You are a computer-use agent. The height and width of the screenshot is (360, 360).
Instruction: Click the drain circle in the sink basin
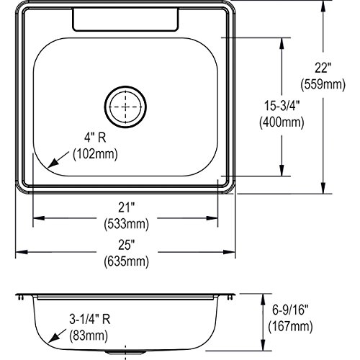(125, 86)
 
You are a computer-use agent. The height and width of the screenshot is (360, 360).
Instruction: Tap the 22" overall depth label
(323, 68)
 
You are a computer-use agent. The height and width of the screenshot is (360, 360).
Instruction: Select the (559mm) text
(323, 84)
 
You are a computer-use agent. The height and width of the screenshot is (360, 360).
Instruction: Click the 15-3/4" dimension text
(282, 106)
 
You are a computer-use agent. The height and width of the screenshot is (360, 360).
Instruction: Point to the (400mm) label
(282, 122)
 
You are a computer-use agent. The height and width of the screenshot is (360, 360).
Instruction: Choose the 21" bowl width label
(126, 207)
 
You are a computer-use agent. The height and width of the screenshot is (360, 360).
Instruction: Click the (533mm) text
(127, 224)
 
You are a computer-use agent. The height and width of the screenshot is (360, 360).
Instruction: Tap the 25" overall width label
(126, 245)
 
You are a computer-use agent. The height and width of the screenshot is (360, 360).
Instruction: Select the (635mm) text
(127, 261)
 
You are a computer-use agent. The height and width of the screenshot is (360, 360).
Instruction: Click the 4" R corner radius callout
(95, 138)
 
